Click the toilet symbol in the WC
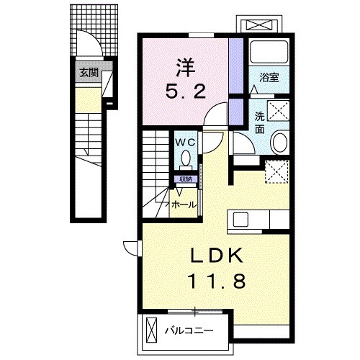pyautogui.click(x=186, y=158)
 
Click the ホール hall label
pyautogui.click(x=183, y=205)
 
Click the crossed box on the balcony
pyautogui.click(x=150, y=331)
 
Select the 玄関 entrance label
pyautogui.click(x=89, y=72)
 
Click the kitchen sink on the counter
pyautogui.click(x=240, y=218)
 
